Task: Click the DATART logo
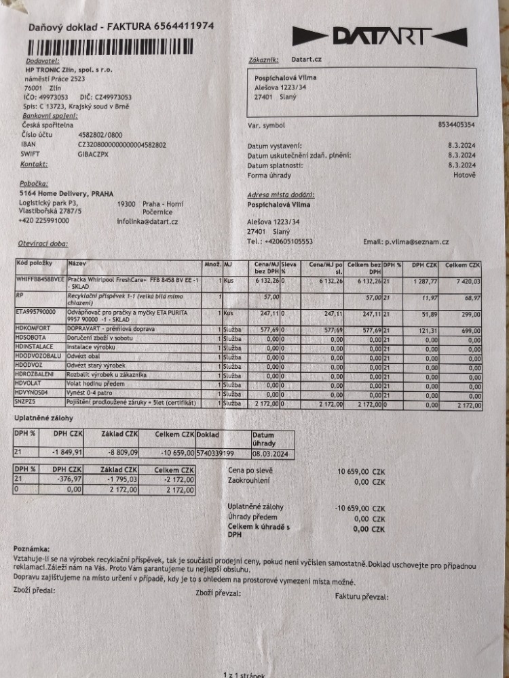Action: click(380, 36)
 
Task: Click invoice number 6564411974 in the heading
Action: click(174, 26)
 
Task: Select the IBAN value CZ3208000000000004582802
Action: click(122, 144)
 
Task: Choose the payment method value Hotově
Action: click(465, 175)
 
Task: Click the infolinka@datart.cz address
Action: click(147, 222)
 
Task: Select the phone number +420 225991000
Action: click(45, 220)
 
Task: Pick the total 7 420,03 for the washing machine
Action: click(466, 280)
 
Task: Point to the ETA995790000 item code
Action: click(35, 313)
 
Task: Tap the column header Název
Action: click(76, 262)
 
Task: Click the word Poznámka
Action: click(31, 548)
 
